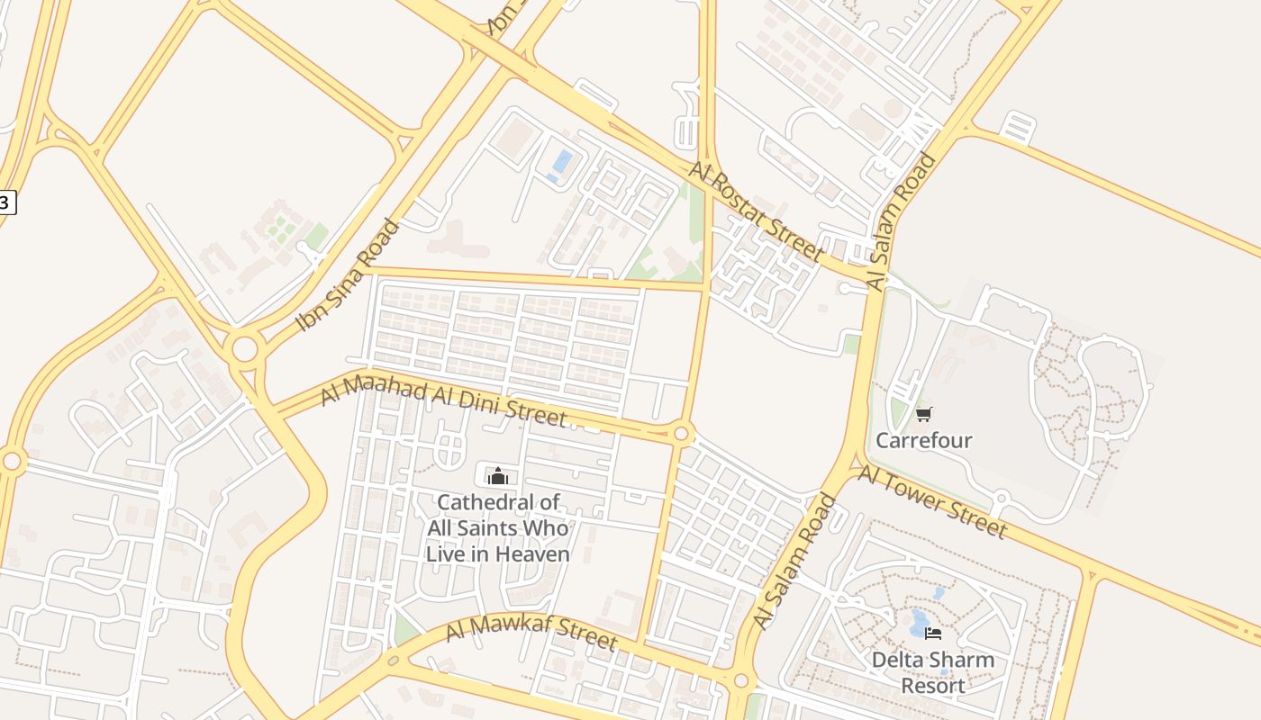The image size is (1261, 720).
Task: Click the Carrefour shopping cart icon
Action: [923, 414]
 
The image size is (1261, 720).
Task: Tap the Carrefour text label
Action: [923, 440]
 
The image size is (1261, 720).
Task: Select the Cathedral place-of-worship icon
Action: [498, 475]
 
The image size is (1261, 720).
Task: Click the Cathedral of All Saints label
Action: [498, 527]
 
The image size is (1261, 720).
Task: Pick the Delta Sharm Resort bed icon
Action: [932, 634]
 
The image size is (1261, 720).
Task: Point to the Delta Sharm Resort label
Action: [932, 672]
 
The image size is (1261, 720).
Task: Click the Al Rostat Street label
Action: [755, 211]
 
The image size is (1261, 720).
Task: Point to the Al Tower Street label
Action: [931, 501]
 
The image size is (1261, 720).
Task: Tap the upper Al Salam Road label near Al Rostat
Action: [903, 222]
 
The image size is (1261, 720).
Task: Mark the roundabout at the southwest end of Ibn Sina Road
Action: [244, 349]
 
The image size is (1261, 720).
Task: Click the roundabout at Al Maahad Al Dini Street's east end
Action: [681, 434]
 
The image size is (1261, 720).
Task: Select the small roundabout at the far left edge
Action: [12, 462]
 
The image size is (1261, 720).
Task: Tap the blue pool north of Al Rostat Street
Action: [561, 163]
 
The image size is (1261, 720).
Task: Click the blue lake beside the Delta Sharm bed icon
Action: [919, 621]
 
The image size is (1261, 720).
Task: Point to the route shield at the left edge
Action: [5, 202]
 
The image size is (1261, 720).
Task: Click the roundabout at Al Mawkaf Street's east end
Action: [740, 681]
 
